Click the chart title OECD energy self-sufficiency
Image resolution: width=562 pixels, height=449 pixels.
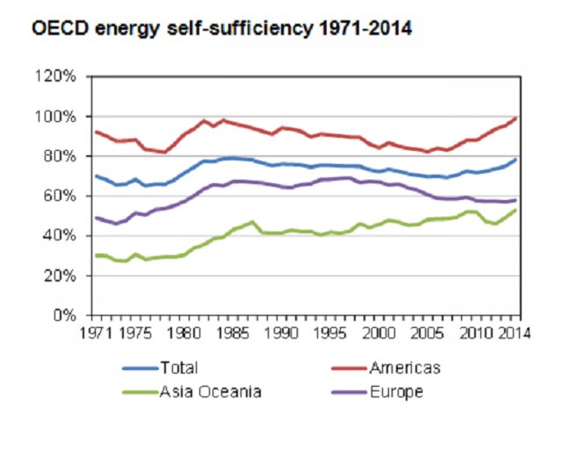pyautogui.click(x=221, y=29)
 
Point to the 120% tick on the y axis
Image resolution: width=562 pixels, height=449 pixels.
pyautogui.click(x=58, y=76)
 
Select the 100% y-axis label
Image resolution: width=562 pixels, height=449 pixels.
pyautogui.click(x=58, y=117)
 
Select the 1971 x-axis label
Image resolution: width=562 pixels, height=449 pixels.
pyautogui.click(x=96, y=333)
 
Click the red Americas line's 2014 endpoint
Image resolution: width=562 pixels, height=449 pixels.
pyautogui.click(x=515, y=118)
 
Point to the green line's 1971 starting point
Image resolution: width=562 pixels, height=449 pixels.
pyautogui.click(x=96, y=255)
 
